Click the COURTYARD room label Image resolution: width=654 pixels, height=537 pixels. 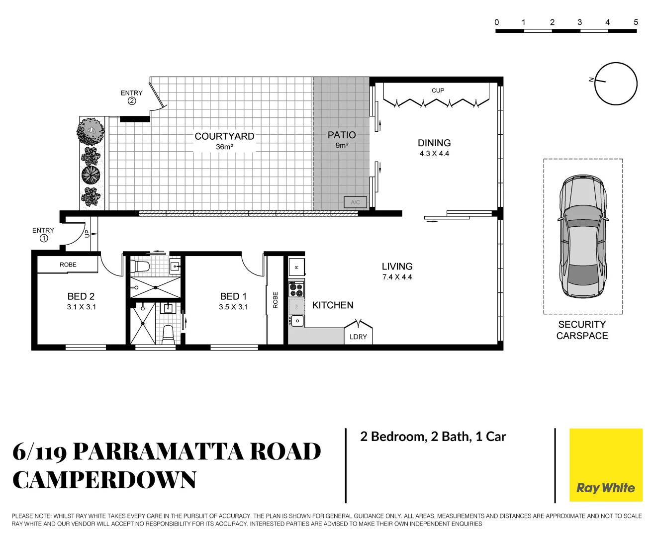click(224, 136)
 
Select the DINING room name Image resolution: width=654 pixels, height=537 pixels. click(434, 143)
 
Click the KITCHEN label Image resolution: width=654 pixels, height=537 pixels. click(333, 305)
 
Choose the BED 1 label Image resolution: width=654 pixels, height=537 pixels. click(233, 297)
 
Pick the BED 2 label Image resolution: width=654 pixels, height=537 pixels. click(81, 297)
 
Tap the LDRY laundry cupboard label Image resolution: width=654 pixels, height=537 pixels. click(358, 337)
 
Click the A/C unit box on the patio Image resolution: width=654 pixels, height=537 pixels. click(356, 202)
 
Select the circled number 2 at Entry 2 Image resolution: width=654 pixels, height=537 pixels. click(132, 101)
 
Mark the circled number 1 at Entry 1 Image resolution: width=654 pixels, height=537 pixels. click(44, 238)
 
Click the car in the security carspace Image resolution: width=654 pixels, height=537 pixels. click(583, 237)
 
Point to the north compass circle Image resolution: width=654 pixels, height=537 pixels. click(616, 84)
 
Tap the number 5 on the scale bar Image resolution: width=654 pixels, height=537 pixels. click(636, 22)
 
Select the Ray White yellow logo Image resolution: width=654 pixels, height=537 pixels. click(606, 465)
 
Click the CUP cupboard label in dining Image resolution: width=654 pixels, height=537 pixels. click(438, 90)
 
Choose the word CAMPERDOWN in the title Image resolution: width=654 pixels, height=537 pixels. click(104, 480)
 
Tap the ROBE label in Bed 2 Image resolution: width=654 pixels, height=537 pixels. click(68, 265)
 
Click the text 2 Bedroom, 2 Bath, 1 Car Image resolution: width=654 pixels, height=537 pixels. click(433, 437)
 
